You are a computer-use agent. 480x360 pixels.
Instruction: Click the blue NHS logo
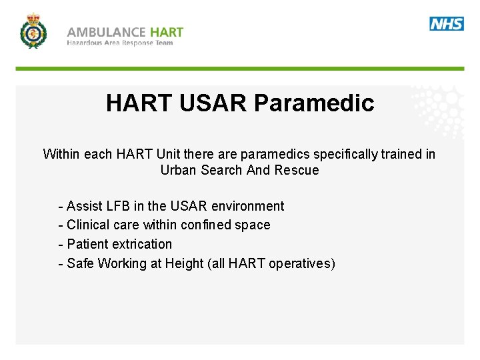tap(446, 24)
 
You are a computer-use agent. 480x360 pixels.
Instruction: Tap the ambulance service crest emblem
tap(33, 31)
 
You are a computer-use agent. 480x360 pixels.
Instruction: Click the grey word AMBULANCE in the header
tap(106, 32)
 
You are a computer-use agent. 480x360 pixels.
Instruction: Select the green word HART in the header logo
tap(167, 32)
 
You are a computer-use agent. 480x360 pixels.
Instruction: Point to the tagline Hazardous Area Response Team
tap(120, 43)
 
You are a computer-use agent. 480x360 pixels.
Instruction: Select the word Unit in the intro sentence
tap(169, 154)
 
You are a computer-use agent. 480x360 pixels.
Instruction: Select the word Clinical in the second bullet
tap(89, 225)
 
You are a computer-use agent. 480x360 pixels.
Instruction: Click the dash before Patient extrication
tap(61, 244)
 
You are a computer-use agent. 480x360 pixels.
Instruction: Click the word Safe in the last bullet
tap(80, 263)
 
